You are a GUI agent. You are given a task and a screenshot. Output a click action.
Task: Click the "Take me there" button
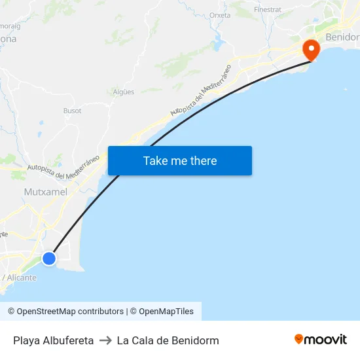tap(180, 161)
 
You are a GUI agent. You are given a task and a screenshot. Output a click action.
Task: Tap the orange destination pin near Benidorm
tap(310, 49)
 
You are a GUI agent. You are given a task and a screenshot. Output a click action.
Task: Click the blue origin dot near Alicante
tap(49, 259)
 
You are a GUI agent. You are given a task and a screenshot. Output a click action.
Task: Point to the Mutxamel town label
tap(45, 192)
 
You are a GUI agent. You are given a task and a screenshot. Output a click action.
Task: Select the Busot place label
tap(72, 111)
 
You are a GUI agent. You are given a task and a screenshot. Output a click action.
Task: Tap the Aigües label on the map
tap(124, 92)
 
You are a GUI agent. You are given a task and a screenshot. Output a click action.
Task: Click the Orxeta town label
tap(220, 15)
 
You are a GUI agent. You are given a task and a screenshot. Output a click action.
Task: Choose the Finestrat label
tap(267, 10)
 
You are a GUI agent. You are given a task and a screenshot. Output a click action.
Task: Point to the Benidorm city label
tap(342, 37)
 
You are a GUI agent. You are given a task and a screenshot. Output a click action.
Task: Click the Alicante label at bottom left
tap(20, 278)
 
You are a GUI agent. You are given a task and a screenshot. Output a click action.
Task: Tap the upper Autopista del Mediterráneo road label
tap(200, 91)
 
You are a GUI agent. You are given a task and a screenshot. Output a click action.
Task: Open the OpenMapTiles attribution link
tap(166, 312)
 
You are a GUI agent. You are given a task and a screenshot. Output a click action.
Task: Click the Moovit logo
tap(321, 340)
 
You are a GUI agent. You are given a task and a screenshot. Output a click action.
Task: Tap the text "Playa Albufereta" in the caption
tap(53, 340)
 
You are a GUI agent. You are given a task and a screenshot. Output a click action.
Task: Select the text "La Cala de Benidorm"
tap(168, 340)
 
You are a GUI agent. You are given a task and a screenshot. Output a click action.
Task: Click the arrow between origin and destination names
tap(105, 340)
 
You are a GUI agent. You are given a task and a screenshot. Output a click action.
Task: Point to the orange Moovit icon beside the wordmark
tap(299, 339)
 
